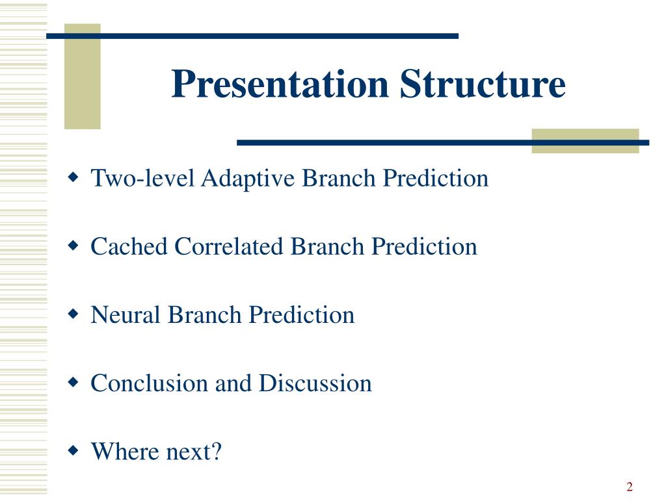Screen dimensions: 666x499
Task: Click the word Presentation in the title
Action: [x=280, y=84]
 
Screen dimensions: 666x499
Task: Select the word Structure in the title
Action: [x=483, y=84]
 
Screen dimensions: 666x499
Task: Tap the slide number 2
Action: [x=630, y=486]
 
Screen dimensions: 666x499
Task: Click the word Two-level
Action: [x=142, y=178]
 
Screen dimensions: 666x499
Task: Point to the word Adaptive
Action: [x=248, y=179]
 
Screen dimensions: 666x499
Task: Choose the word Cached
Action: [x=129, y=246]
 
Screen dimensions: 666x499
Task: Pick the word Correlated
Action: [x=228, y=246]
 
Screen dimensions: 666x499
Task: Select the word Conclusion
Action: [x=150, y=383]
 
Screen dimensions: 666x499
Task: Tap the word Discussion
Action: [x=315, y=383]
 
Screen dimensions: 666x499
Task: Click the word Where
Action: [x=125, y=451]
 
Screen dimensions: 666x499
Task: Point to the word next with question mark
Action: [x=194, y=452]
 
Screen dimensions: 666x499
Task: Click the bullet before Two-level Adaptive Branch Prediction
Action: [x=73, y=177]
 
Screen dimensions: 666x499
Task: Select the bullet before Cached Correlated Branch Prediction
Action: [x=73, y=246]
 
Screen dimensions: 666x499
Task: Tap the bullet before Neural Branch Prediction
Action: [x=73, y=314]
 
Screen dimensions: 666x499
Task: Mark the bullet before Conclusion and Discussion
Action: [x=73, y=382]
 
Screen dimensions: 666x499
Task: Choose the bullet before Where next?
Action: [x=73, y=451]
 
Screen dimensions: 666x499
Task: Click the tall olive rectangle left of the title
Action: [x=83, y=77]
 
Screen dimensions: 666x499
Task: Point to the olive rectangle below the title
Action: [x=585, y=141]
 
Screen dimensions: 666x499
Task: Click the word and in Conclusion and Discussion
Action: [x=233, y=383]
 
